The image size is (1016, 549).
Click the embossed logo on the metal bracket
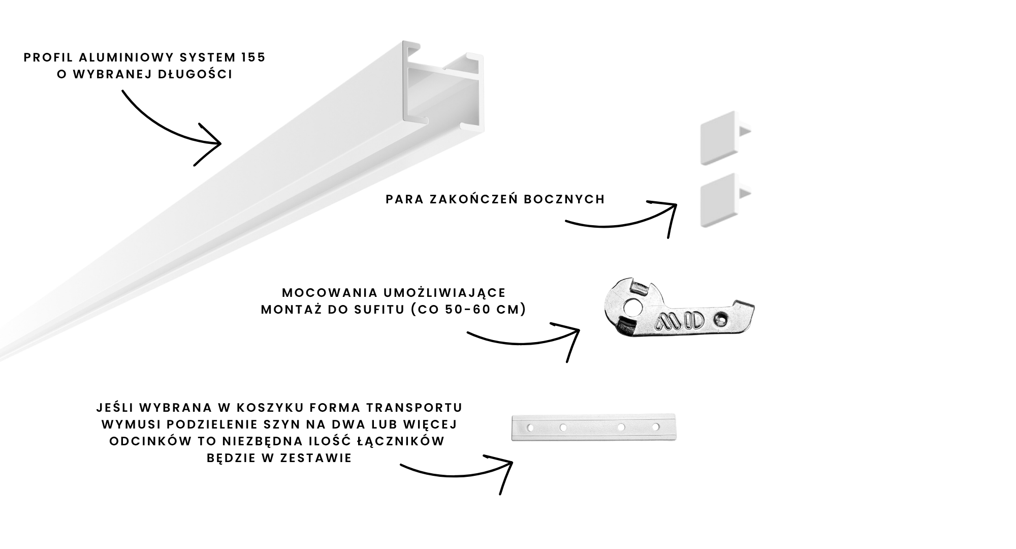pos(680,321)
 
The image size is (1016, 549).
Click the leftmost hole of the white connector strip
pos(530,428)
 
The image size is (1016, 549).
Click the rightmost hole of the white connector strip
pos(655,427)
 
